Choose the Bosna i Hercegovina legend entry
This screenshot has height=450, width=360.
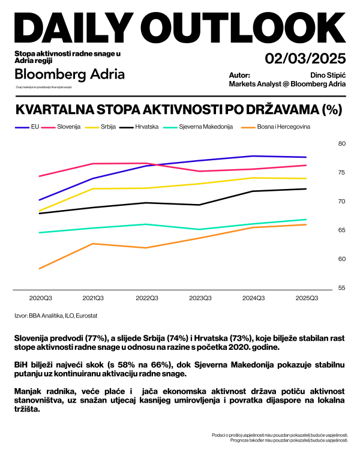(x=277, y=127)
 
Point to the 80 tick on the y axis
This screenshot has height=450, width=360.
(x=343, y=143)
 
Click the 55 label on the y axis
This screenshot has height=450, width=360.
(x=343, y=288)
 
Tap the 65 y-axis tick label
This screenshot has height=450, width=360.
(x=343, y=230)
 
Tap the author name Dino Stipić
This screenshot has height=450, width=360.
(x=327, y=75)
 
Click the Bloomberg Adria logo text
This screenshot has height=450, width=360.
(x=70, y=74)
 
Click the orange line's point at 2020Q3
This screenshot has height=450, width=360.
(x=39, y=268)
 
